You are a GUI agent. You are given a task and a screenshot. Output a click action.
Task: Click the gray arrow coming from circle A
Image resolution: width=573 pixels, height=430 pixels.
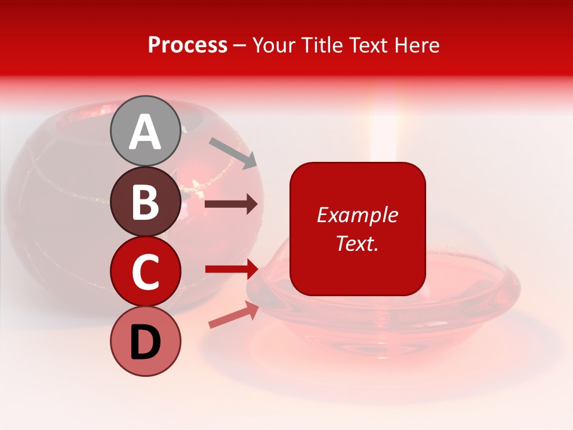(x=233, y=153)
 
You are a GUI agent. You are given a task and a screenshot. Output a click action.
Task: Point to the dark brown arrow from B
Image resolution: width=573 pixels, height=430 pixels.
(x=231, y=204)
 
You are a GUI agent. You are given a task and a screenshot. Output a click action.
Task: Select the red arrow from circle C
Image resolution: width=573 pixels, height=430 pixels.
(x=231, y=269)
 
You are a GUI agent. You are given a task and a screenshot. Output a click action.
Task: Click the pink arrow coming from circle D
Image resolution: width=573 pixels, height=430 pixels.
(x=233, y=315)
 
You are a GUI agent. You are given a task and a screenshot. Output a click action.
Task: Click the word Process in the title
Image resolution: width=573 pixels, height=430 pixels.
(x=187, y=45)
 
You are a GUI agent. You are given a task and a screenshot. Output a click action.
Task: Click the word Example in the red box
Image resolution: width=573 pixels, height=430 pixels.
(x=358, y=215)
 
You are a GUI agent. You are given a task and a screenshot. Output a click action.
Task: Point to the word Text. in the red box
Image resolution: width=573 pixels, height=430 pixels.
(x=358, y=243)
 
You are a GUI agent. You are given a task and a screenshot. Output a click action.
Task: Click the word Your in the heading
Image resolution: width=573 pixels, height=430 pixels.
(x=273, y=45)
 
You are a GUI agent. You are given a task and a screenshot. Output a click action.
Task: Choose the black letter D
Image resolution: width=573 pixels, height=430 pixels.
(x=145, y=343)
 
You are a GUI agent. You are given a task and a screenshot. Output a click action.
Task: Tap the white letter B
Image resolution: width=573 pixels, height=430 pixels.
(x=145, y=202)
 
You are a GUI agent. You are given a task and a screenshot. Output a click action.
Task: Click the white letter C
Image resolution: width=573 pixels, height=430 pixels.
(x=145, y=272)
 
